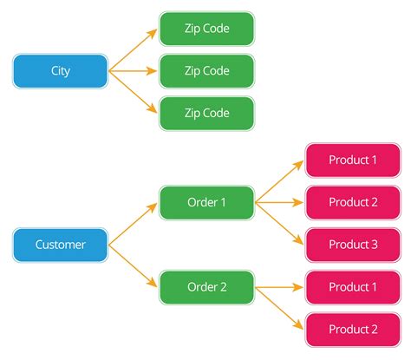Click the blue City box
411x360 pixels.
60,71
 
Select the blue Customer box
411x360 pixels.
60,245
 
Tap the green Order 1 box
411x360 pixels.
206,202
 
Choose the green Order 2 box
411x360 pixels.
206,287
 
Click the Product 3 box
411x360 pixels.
353,245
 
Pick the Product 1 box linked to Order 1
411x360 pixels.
353,160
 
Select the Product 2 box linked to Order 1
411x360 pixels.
353,202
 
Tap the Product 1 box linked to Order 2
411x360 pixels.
353,287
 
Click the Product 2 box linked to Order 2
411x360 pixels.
353,330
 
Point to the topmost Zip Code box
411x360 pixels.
206,29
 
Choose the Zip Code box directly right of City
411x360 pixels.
206,71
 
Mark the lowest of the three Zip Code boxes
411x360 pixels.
206,114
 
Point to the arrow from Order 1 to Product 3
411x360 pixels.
279,224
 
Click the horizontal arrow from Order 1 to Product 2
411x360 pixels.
279,202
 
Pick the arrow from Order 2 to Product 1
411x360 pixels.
279,287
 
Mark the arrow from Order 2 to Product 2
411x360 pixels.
279,309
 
